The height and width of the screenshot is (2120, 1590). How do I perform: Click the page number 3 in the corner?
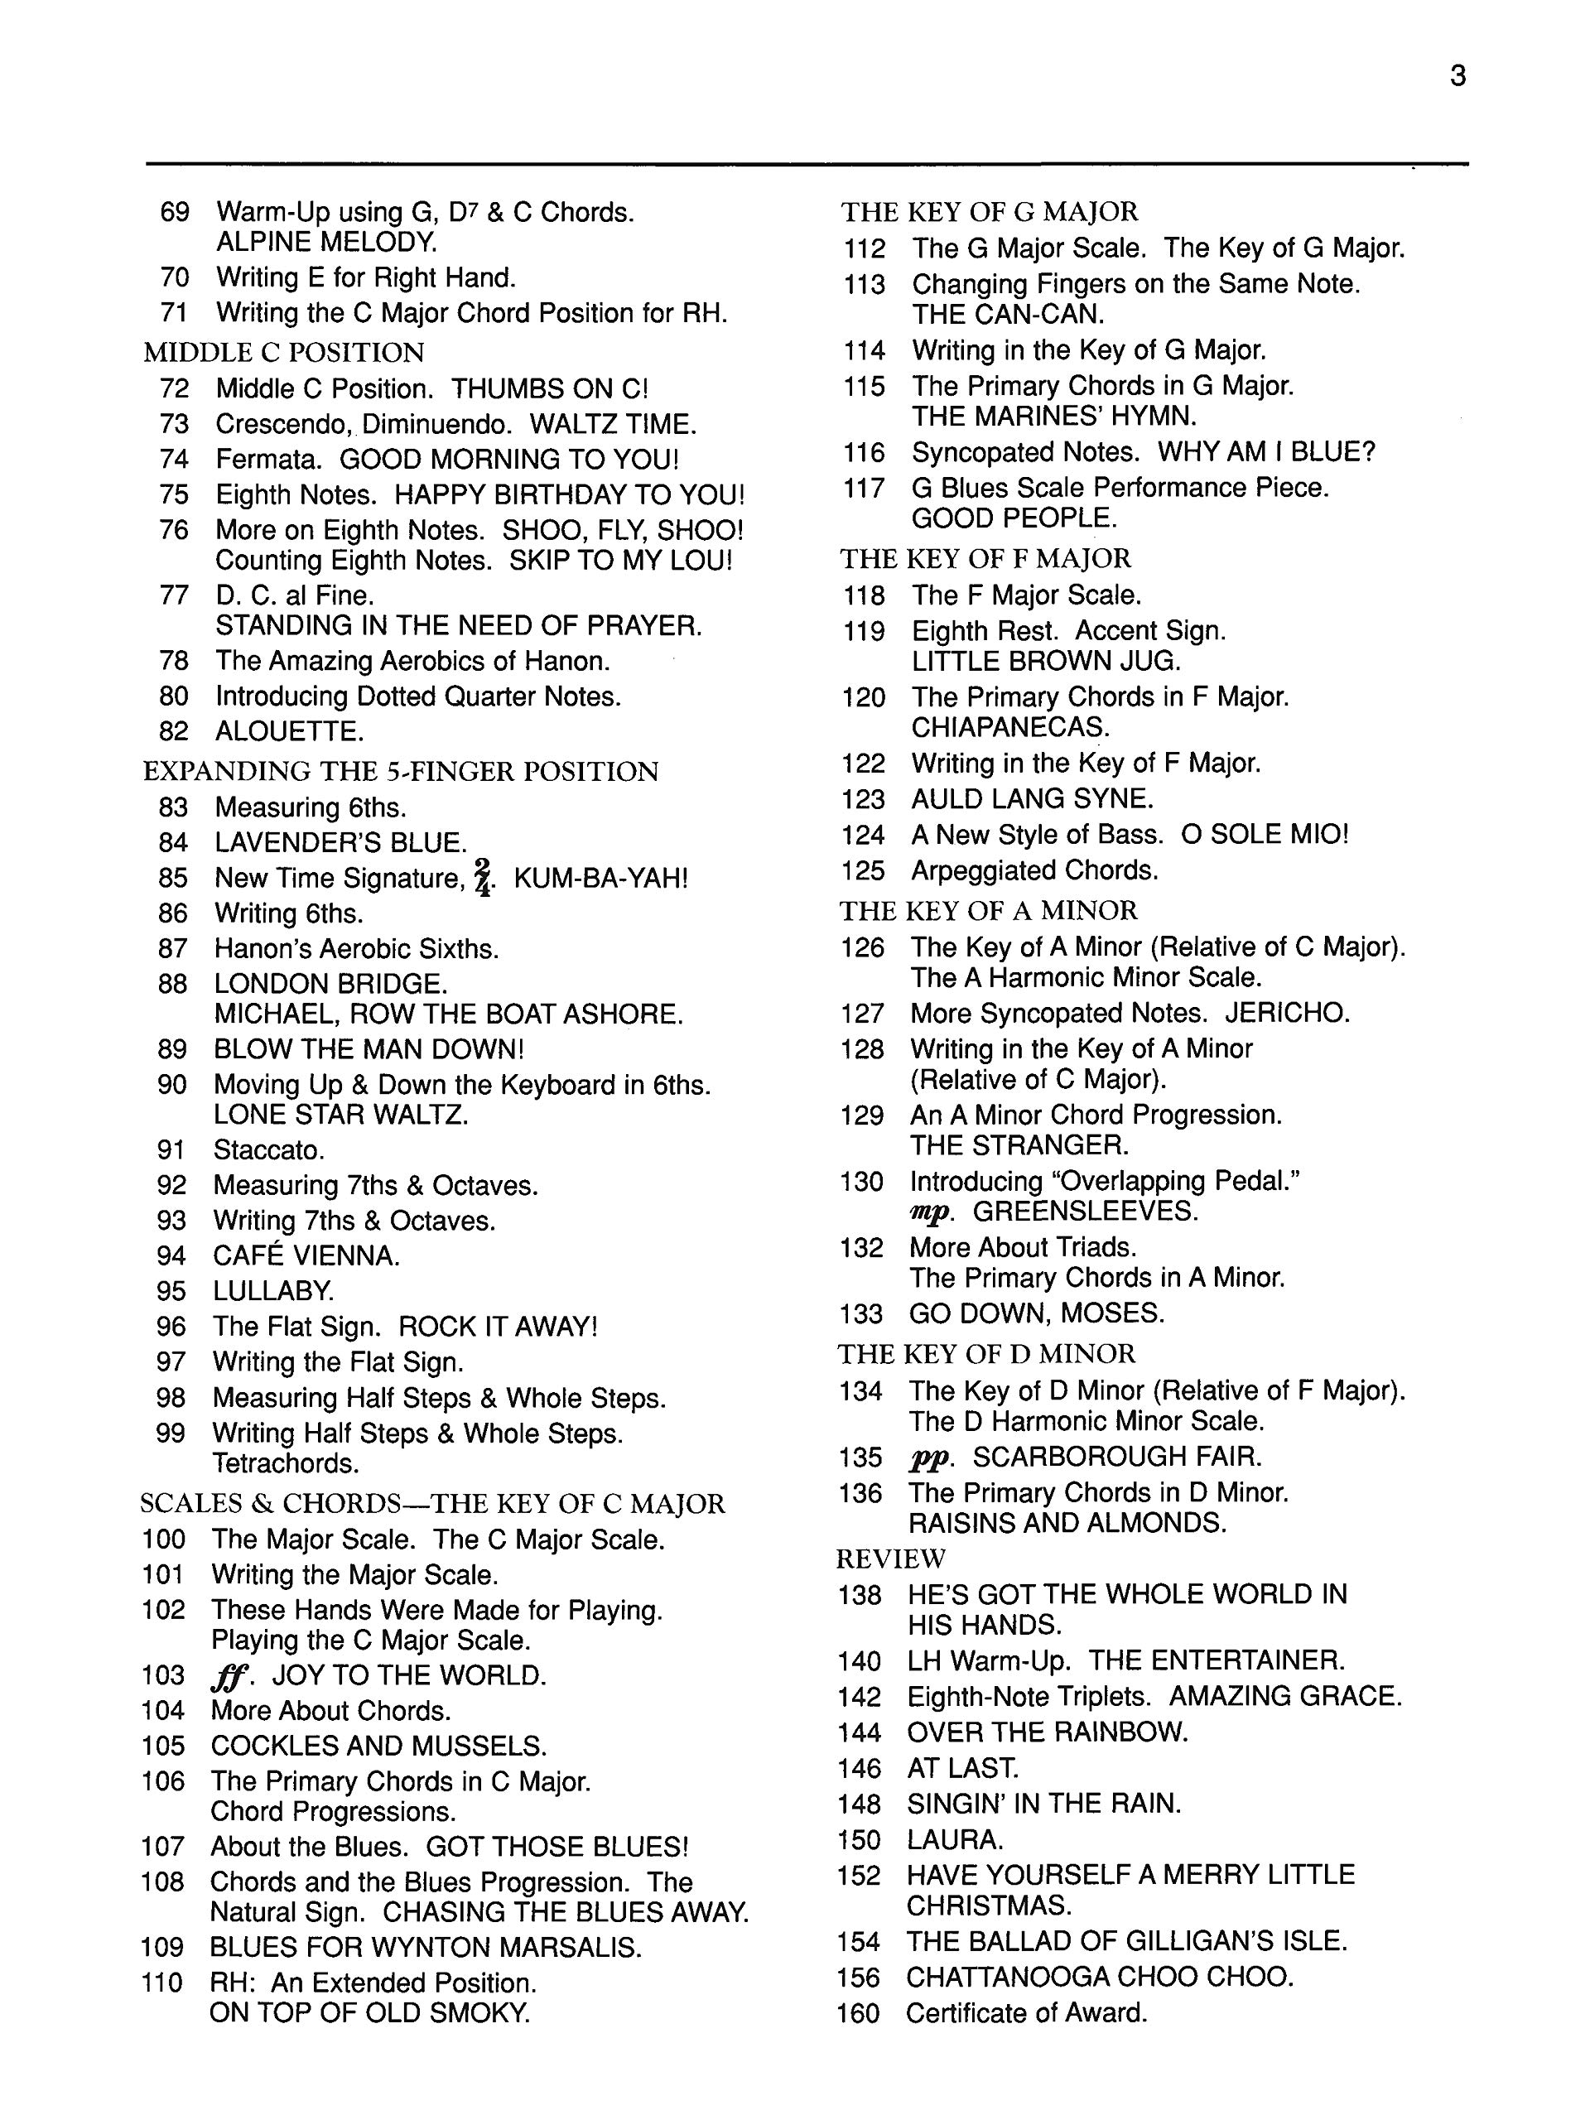click(1457, 75)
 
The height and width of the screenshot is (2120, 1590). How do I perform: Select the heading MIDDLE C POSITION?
click(284, 353)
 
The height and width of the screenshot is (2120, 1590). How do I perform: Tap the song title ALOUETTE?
click(288, 731)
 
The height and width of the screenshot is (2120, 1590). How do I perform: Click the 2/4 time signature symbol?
click(484, 877)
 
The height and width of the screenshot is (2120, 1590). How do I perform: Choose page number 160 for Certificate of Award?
click(858, 2014)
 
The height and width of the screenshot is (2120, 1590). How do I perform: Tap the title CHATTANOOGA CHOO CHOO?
click(1099, 1978)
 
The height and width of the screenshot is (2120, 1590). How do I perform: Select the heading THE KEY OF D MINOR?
click(986, 1353)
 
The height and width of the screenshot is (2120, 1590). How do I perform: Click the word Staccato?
click(269, 1149)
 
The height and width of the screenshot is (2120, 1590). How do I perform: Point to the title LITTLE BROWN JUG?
click(1046, 662)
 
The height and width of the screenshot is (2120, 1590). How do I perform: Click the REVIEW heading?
click(890, 1559)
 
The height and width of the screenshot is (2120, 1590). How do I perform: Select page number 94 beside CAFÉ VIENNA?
click(172, 1255)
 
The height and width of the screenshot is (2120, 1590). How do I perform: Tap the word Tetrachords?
click(286, 1463)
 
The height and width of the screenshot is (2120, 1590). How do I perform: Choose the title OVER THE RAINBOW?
click(1048, 1732)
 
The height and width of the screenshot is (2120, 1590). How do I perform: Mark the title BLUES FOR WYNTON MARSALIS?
click(426, 1947)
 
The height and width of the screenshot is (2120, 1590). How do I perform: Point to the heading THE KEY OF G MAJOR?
click(989, 212)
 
